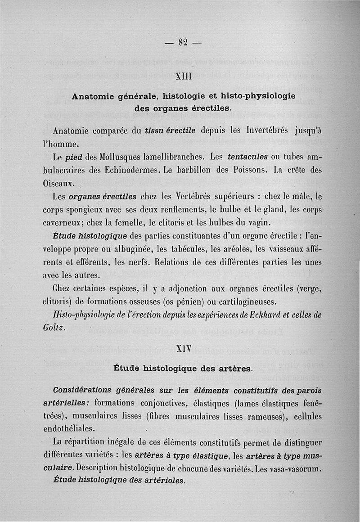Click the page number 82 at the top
pyautogui.click(x=182, y=43)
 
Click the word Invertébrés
pyautogui.click(x=261, y=131)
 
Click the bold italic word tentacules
pyautogui.click(x=248, y=157)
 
